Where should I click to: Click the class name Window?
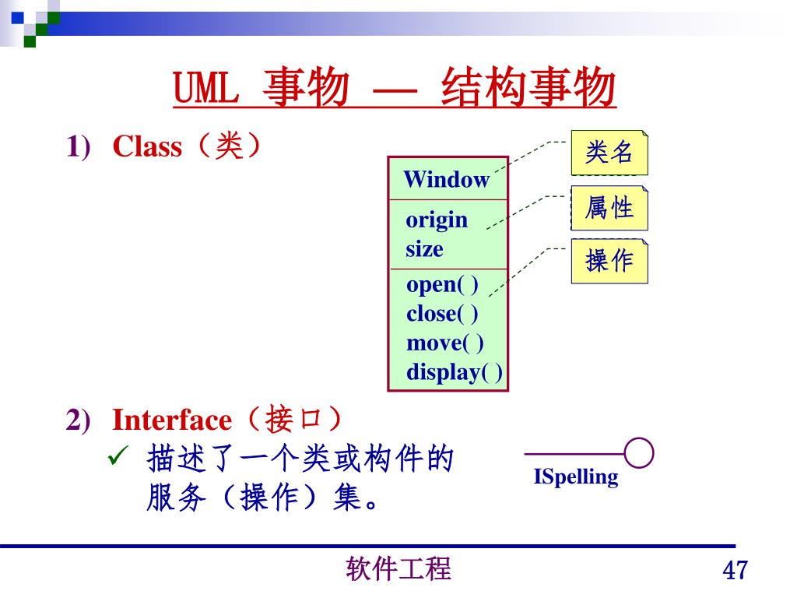coord(446,180)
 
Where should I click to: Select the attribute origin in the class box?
coord(437,220)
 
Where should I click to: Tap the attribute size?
coord(424,249)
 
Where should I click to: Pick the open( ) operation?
coord(442,284)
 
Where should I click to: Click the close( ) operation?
coord(442,314)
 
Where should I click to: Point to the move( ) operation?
coord(444,343)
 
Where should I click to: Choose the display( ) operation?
coord(454,372)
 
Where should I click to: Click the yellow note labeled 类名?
coord(609,153)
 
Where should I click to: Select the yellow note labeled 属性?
coord(609,208)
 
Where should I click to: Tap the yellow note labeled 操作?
coord(609,261)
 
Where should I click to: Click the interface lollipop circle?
coord(639,453)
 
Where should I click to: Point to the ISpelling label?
coord(576,477)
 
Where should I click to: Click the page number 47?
coord(735,571)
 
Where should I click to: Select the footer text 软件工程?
coord(398,569)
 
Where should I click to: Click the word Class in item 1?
coord(147,146)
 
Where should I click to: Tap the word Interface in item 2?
coord(172,420)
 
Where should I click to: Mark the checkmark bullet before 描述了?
coord(115,458)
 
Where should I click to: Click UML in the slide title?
coord(205,90)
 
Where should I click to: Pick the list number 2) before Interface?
coord(78,420)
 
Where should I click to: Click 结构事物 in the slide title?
coord(528,90)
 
